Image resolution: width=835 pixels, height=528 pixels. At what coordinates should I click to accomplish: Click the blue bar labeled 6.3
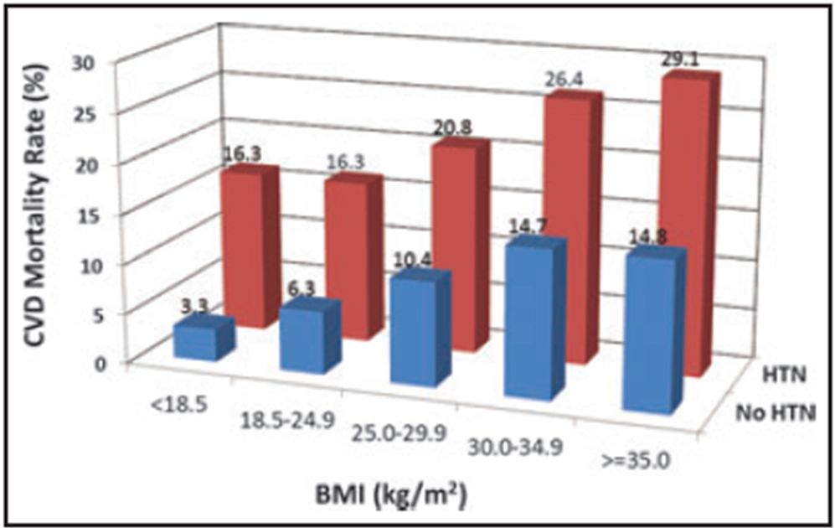click(x=303, y=339)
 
